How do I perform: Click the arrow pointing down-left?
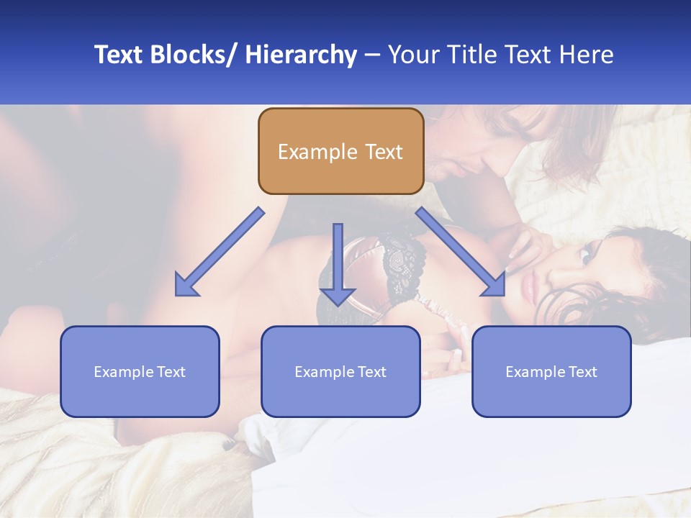click(x=220, y=253)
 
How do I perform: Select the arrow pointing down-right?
click(x=461, y=253)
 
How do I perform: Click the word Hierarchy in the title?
click(x=301, y=55)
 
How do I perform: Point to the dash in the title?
click(x=372, y=55)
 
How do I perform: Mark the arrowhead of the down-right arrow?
click(x=494, y=286)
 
